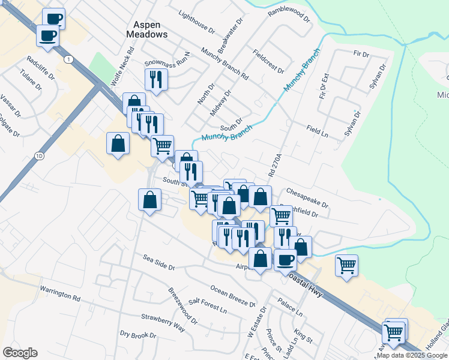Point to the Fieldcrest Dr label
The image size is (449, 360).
click(268, 61)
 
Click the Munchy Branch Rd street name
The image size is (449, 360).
click(224, 64)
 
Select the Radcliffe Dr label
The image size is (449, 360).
click(41, 68)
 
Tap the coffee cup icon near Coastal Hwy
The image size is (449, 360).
click(285, 260)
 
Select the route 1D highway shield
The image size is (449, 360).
click(40, 156)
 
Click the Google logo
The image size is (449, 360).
click(20, 353)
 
